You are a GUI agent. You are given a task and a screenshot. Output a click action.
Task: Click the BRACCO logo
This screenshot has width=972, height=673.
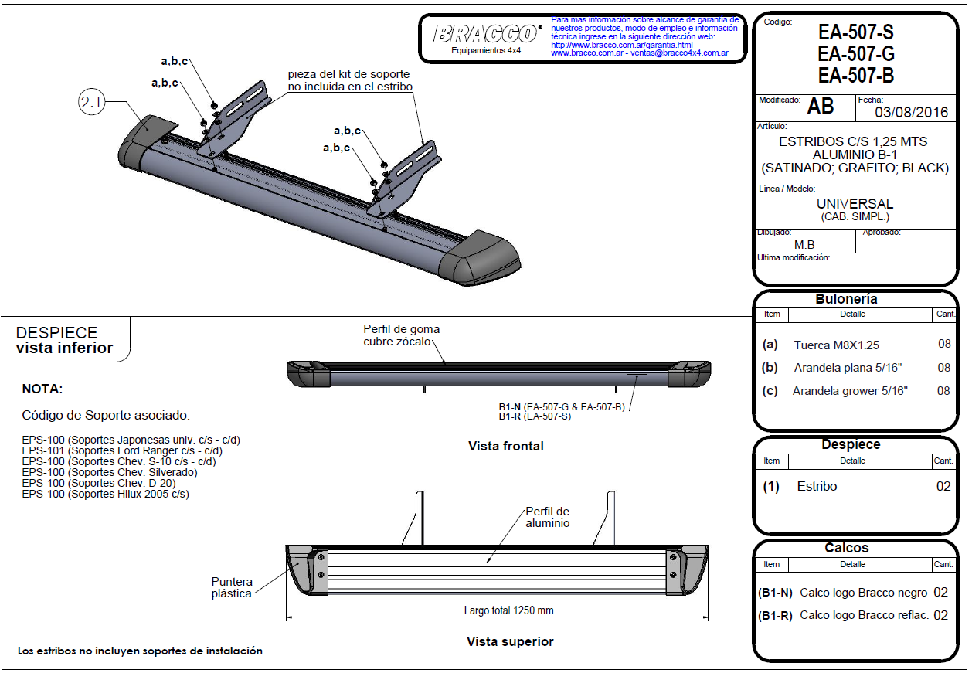tap(486, 34)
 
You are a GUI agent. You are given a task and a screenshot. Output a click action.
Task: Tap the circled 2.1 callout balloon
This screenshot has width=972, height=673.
tap(91, 104)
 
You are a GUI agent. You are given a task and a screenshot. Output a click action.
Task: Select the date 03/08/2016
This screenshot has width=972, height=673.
tap(911, 112)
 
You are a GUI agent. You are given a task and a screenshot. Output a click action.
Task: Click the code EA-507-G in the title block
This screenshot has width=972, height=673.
tap(855, 54)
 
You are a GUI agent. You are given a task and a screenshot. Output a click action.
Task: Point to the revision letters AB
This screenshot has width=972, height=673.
tap(820, 107)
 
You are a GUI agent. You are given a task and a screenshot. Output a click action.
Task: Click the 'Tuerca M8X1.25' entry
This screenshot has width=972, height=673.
tap(836, 345)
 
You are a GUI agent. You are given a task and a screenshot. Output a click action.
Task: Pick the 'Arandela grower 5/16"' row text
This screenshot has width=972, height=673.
tap(850, 391)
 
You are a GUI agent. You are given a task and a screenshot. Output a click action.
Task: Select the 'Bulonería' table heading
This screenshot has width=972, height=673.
tap(846, 299)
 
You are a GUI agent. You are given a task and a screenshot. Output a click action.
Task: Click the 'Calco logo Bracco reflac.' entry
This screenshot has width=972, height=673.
tap(864, 615)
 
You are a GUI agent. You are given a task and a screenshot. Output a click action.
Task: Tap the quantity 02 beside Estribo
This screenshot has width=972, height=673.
tap(943, 486)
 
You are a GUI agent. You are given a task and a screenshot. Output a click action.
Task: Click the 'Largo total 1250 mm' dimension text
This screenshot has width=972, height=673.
tap(508, 610)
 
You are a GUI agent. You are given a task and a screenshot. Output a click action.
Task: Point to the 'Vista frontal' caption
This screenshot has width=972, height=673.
tap(505, 446)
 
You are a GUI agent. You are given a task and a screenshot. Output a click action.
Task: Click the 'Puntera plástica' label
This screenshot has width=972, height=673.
tap(231, 587)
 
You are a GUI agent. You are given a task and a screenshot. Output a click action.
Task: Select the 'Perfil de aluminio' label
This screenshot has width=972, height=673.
tap(547, 517)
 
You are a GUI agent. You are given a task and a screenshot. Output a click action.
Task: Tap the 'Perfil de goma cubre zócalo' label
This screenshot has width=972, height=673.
tap(401, 335)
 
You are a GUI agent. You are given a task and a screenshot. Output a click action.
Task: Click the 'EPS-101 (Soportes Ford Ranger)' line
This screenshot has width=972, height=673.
tap(122, 450)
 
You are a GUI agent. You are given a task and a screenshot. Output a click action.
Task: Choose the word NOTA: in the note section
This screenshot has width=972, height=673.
tap(42, 389)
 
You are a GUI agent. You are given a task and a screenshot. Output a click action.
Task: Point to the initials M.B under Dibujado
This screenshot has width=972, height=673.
tap(804, 244)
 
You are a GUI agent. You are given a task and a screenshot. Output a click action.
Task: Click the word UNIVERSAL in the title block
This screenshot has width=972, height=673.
tap(855, 204)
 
